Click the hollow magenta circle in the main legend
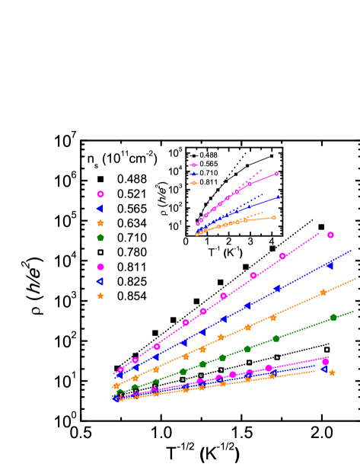click(x=100, y=194)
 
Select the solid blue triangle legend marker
click(x=100, y=209)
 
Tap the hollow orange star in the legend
click(x=100, y=223)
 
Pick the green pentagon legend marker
click(x=100, y=238)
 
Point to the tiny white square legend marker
click(x=100, y=252)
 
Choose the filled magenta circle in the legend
click(x=100, y=267)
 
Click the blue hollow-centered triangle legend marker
click(x=100, y=281)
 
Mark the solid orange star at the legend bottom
click(x=100, y=296)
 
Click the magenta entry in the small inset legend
click(x=193, y=165)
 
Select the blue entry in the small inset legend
click(x=193, y=174)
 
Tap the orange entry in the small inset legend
click(x=193, y=183)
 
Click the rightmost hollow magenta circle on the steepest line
click(x=330, y=235)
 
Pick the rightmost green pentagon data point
click(x=333, y=317)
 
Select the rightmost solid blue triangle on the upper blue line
click(x=330, y=265)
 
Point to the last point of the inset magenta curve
click(x=276, y=174)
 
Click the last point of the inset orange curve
click(x=274, y=218)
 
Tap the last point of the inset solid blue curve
click(x=278, y=197)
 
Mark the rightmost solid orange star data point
click(x=332, y=373)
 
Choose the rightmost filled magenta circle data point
click(x=325, y=362)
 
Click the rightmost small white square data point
click(x=327, y=350)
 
